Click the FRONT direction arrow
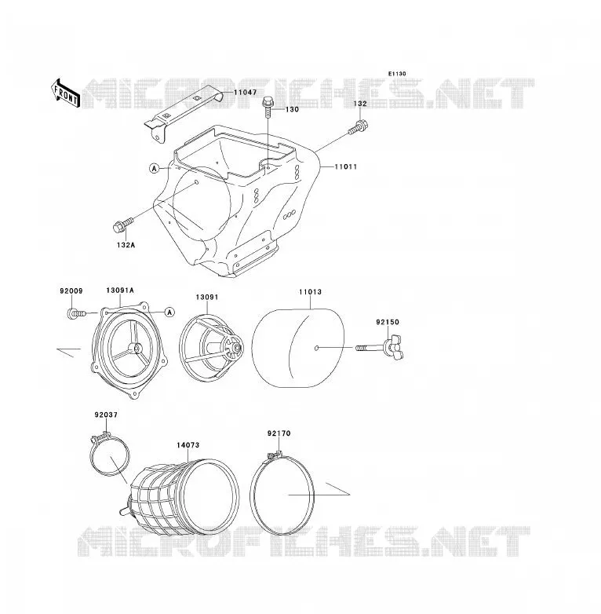65,93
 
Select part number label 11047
246,93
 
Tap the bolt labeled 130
268,106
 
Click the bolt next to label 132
359,127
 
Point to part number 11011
345,166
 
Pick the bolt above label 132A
123,225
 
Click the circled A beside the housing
155,168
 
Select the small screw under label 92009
76,313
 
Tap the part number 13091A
120,291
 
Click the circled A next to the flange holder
169,312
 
